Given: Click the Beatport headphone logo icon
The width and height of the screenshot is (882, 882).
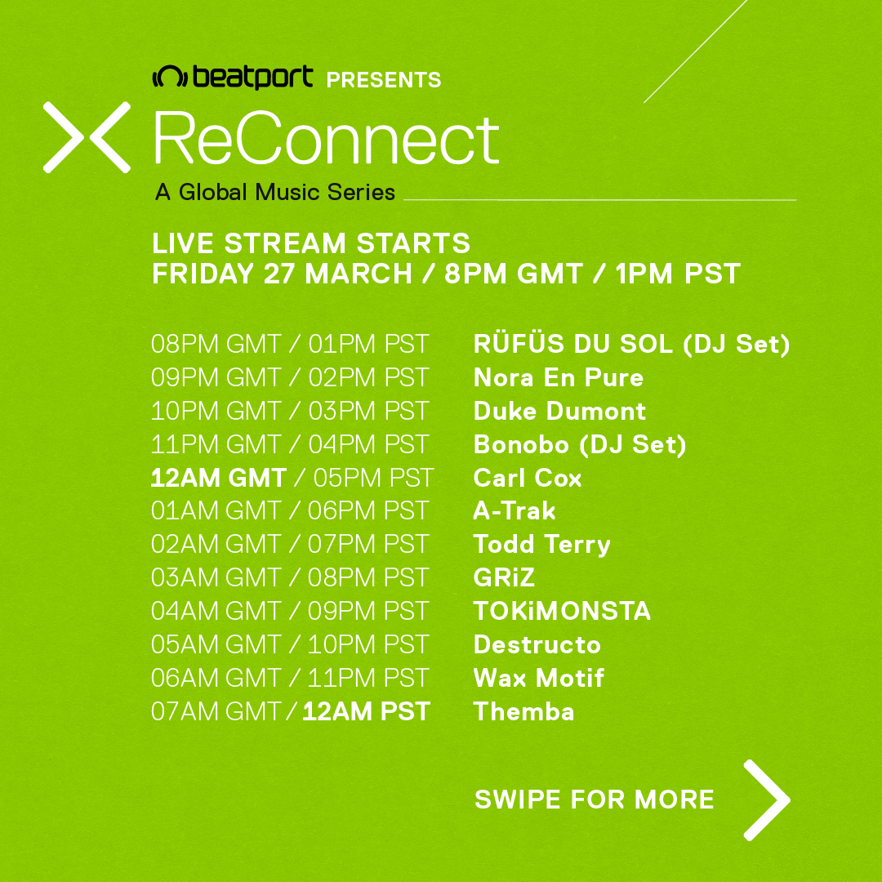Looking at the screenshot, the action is (x=170, y=77).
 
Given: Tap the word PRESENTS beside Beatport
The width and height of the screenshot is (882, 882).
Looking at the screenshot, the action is (x=384, y=80).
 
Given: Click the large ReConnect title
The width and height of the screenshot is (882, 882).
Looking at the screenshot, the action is (x=326, y=138).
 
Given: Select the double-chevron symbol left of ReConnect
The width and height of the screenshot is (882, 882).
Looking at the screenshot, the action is (x=87, y=137).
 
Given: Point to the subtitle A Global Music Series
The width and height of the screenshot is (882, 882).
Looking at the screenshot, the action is (x=275, y=193).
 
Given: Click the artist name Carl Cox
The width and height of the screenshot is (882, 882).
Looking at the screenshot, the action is (x=527, y=478).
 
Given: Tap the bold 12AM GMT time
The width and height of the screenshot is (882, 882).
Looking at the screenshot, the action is (x=218, y=478).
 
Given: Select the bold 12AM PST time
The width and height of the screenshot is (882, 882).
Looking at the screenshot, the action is (x=366, y=711).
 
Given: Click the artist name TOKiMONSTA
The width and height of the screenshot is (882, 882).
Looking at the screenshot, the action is (x=562, y=611).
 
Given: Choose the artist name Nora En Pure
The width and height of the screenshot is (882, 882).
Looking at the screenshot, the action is (x=558, y=377).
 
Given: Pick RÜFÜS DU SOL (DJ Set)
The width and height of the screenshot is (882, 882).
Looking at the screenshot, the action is (x=631, y=344).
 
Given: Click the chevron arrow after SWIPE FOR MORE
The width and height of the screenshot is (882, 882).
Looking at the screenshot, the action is (x=766, y=800).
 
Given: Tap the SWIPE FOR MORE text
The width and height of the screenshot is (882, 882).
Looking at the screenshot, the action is (x=594, y=800).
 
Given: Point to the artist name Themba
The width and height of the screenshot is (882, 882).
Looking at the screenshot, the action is (x=523, y=711).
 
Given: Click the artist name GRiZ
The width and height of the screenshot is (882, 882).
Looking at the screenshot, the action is (x=503, y=577).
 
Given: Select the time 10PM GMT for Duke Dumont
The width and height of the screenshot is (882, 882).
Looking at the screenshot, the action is (x=216, y=411).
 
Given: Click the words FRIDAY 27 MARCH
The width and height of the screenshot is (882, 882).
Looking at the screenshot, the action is (x=282, y=274).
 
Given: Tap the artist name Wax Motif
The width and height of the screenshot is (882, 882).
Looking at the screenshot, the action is (x=538, y=678).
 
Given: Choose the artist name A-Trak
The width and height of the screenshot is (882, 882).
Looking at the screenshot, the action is (x=514, y=510).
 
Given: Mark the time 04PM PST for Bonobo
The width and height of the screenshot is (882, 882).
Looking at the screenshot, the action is (x=368, y=444).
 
